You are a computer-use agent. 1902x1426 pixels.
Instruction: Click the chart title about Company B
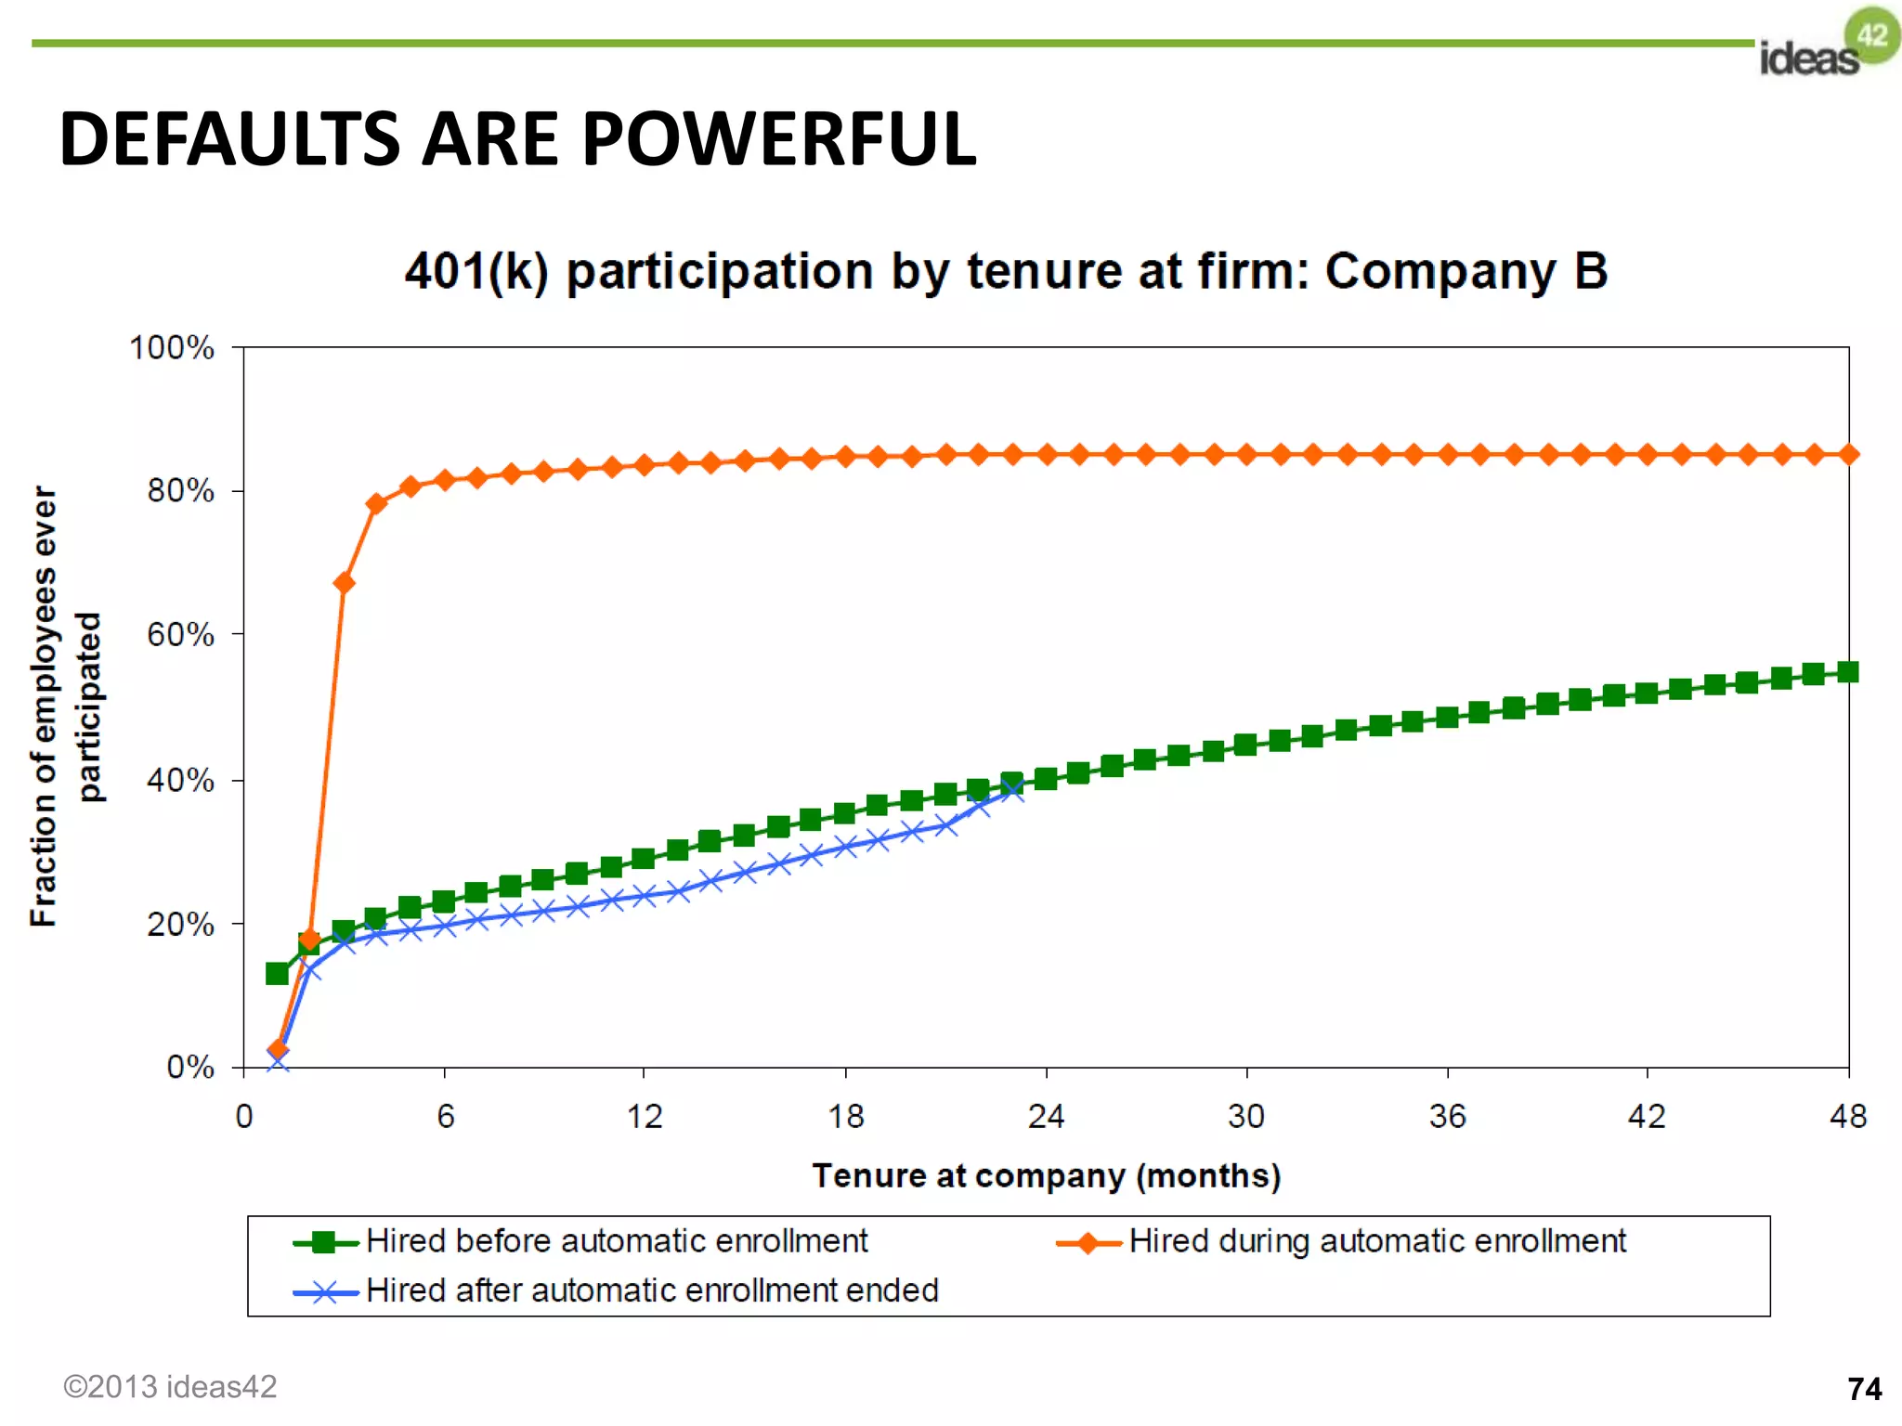point(1006,271)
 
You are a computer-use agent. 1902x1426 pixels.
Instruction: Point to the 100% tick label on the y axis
point(172,348)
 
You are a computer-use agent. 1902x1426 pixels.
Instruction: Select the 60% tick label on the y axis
point(180,635)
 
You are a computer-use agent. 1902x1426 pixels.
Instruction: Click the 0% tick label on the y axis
point(189,1067)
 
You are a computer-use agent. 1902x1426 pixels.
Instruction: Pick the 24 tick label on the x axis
point(1046,1116)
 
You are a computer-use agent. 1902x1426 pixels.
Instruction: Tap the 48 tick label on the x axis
point(1847,1116)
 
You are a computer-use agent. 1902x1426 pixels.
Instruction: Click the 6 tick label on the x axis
point(446,1116)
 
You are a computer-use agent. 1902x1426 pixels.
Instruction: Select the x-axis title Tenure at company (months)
point(1047,1176)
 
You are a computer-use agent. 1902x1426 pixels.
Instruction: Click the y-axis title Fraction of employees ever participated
point(65,706)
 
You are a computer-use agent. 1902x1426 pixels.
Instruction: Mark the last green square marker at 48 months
point(1848,672)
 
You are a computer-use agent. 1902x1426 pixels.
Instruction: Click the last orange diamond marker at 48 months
point(1848,454)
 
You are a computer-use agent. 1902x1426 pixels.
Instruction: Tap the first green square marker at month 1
point(277,973)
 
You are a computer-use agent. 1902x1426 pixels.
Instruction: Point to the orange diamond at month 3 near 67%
point(344,583)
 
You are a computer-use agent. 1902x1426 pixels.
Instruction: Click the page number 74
point(1864,1389)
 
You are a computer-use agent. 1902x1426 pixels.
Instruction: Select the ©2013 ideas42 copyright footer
point(170,1387)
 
